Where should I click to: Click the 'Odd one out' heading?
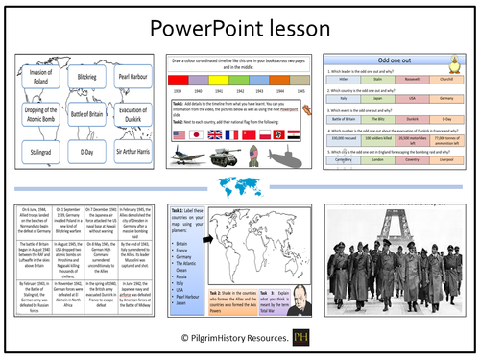pos(395,60)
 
